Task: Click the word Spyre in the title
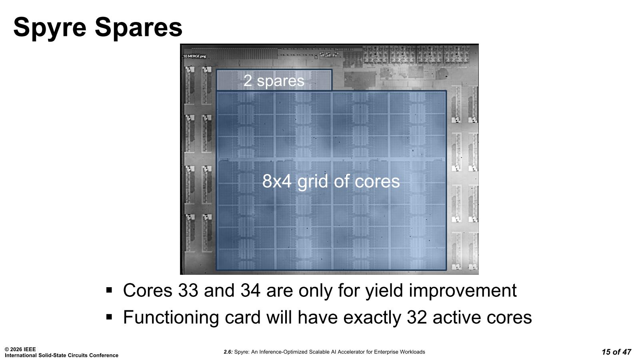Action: coord(50,28)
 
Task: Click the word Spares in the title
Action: coord(138,28)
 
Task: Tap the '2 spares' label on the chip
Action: coord(274,80)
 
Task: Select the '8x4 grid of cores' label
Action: coord(331,181)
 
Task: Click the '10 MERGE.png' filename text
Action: coord(194,56)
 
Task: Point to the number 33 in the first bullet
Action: coord(188,290)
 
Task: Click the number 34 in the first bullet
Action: coord(250,290)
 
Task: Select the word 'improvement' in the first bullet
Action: coord(463,291)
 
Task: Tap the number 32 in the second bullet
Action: coord(417,317)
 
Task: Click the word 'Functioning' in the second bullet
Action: coord(171,318)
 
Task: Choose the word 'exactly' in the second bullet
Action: coord(372,318)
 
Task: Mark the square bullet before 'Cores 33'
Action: coord(109,290)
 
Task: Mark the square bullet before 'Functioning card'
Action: coord(109,317)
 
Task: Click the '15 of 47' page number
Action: coord(616,352)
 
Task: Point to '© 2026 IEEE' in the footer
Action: coord(20,349)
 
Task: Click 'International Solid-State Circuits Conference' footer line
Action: coord(62,355)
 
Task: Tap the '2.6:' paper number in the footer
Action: coord(228,352)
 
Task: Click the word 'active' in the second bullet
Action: coord(457,317)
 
